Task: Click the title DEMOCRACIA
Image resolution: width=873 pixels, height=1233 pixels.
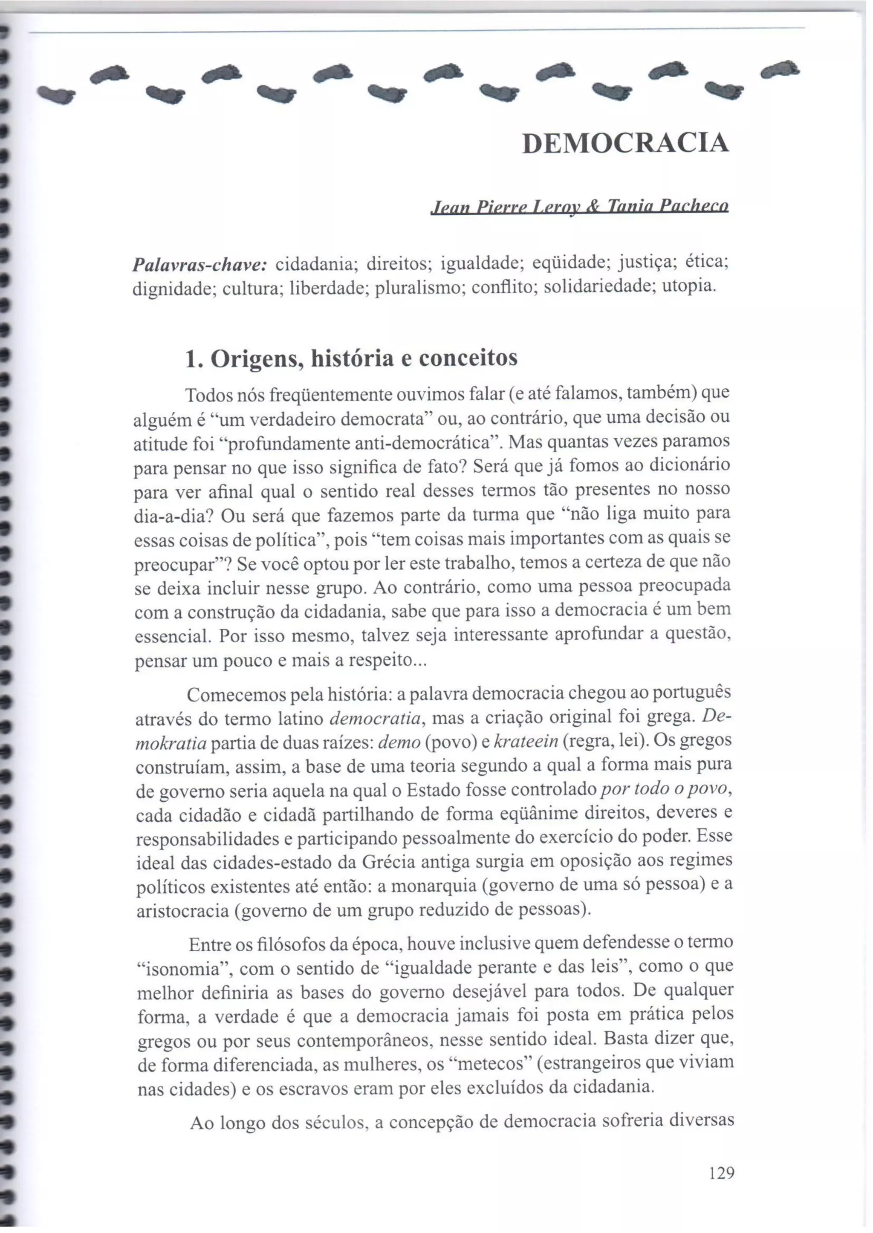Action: [626, 143]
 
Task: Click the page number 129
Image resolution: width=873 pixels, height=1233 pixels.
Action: [721, 1173]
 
